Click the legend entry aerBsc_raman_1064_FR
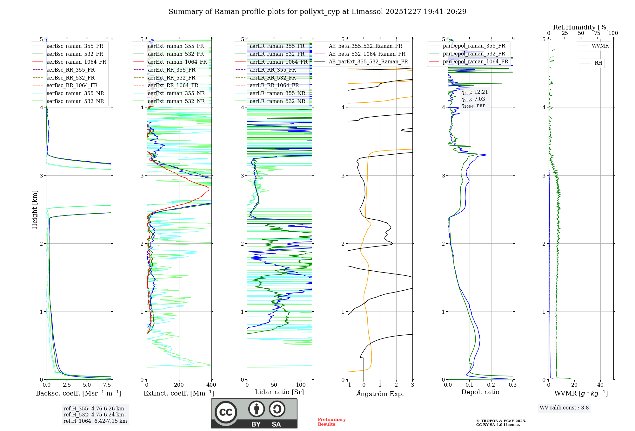coord(76,62)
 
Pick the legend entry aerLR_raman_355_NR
coord(277,93)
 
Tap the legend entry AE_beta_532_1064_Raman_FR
coord(367,54)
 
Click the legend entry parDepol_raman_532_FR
coord(474,54)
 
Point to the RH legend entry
coord(598,63)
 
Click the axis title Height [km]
coord(35,209)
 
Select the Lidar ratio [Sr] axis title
coord(279,392)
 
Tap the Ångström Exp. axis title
coord(380,394)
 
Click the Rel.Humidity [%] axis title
coord(581,27)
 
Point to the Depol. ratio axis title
coord(480,392)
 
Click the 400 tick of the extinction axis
coord(211,385)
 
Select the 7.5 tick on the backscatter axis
coord(107,385)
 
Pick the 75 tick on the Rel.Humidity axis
coord(597,33)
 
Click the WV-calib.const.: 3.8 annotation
coord(564,408)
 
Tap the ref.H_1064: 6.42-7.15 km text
coord(95,421)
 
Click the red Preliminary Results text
coord(331,422)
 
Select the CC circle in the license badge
coord(226,412)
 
